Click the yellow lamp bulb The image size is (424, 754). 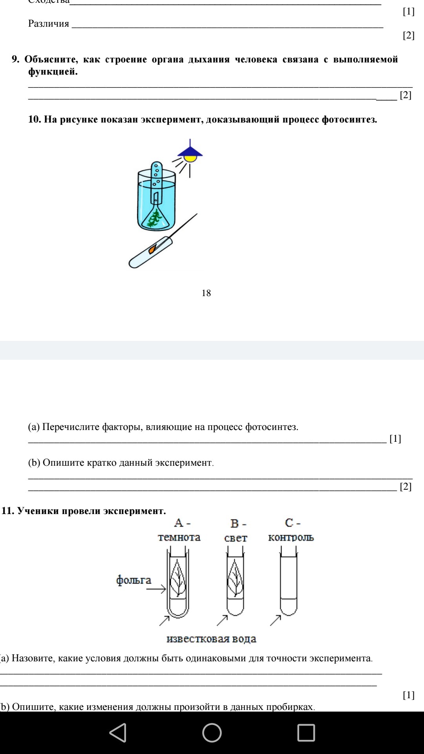190,158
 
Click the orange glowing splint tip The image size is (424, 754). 152,249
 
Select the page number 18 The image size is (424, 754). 206,293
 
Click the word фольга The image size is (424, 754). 133,580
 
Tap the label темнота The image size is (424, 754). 179,537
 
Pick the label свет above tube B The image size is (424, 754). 236,538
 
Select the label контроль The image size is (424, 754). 291,537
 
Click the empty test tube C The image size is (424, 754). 289,581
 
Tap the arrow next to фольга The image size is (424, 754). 156,589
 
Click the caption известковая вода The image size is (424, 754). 211,639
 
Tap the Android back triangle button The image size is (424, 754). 118,733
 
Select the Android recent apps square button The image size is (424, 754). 306,733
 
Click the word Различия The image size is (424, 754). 49,24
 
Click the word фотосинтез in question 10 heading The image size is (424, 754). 349,119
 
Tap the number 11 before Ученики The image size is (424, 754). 8,511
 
